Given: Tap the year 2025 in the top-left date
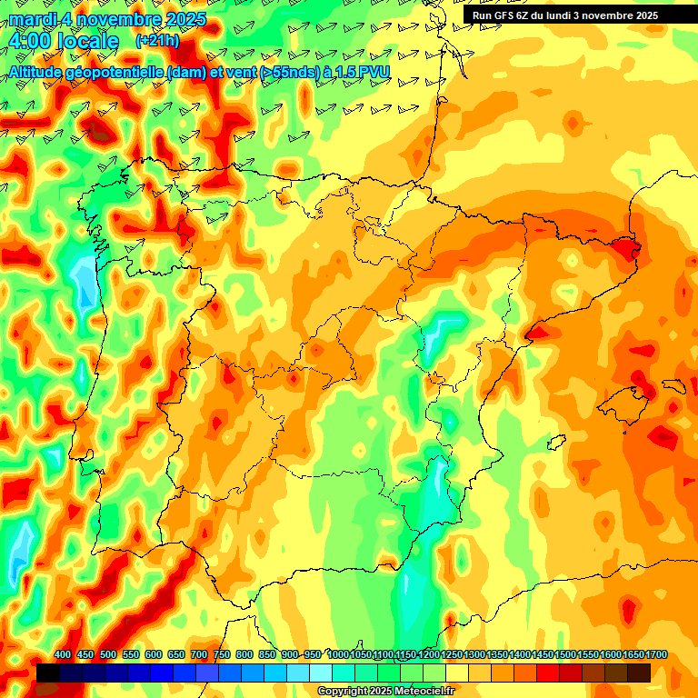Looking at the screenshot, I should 182,19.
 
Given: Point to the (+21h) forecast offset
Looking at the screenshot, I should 157,41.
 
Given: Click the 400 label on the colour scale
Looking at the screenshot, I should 63,655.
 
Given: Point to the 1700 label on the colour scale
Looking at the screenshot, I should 632,655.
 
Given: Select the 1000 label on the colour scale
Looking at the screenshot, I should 337,655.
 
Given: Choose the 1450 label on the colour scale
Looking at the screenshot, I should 542,655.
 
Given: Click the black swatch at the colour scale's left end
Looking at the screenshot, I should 48,673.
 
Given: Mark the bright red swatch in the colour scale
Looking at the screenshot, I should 548,673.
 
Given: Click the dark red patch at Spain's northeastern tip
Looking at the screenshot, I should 626,246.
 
